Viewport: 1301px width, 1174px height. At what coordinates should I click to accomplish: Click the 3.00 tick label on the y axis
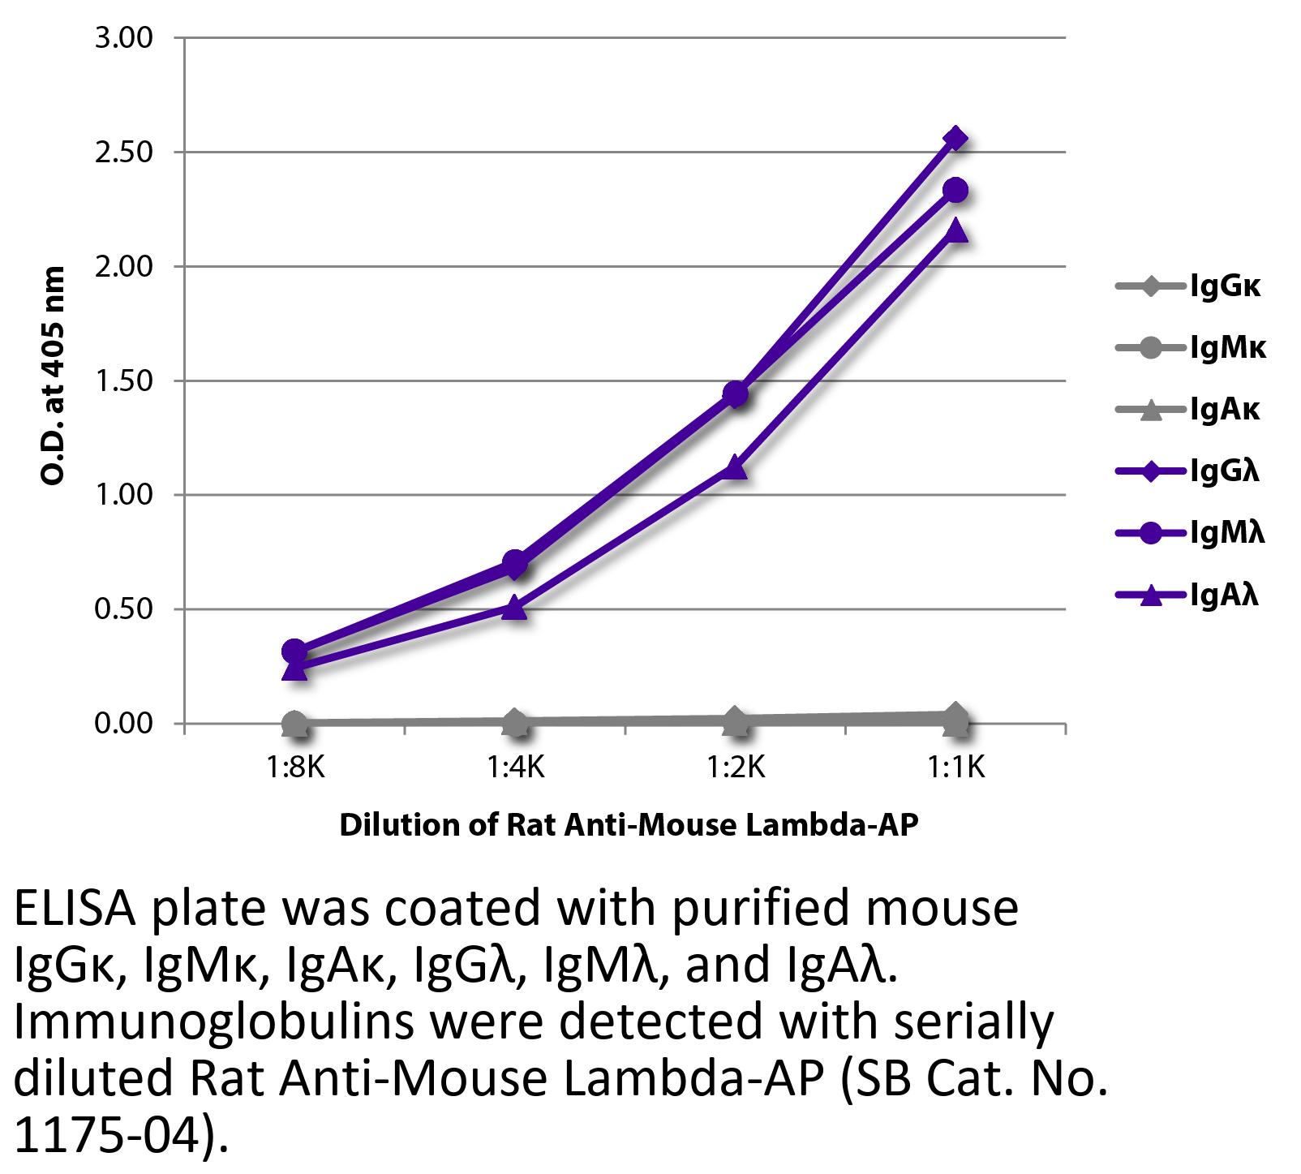123,38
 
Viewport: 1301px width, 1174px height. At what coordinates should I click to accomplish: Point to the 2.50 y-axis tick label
123,153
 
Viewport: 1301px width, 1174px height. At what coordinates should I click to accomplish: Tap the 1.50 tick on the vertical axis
123,381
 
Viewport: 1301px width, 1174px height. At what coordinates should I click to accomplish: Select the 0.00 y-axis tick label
123,724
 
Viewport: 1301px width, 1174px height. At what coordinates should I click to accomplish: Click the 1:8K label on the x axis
295,767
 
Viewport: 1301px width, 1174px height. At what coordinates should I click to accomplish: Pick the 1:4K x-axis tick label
516,767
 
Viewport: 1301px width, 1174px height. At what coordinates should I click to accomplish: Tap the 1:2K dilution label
736,767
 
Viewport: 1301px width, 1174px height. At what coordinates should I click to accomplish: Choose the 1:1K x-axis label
955,767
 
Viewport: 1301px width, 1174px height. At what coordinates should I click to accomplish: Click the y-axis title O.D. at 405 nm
53,376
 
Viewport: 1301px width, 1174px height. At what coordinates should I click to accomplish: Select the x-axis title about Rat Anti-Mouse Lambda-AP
629,825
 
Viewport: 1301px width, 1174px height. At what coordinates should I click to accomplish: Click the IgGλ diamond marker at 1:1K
955,139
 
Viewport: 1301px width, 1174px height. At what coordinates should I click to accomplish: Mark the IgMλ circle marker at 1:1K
955,191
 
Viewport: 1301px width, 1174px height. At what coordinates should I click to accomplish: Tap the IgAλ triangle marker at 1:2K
736,467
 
